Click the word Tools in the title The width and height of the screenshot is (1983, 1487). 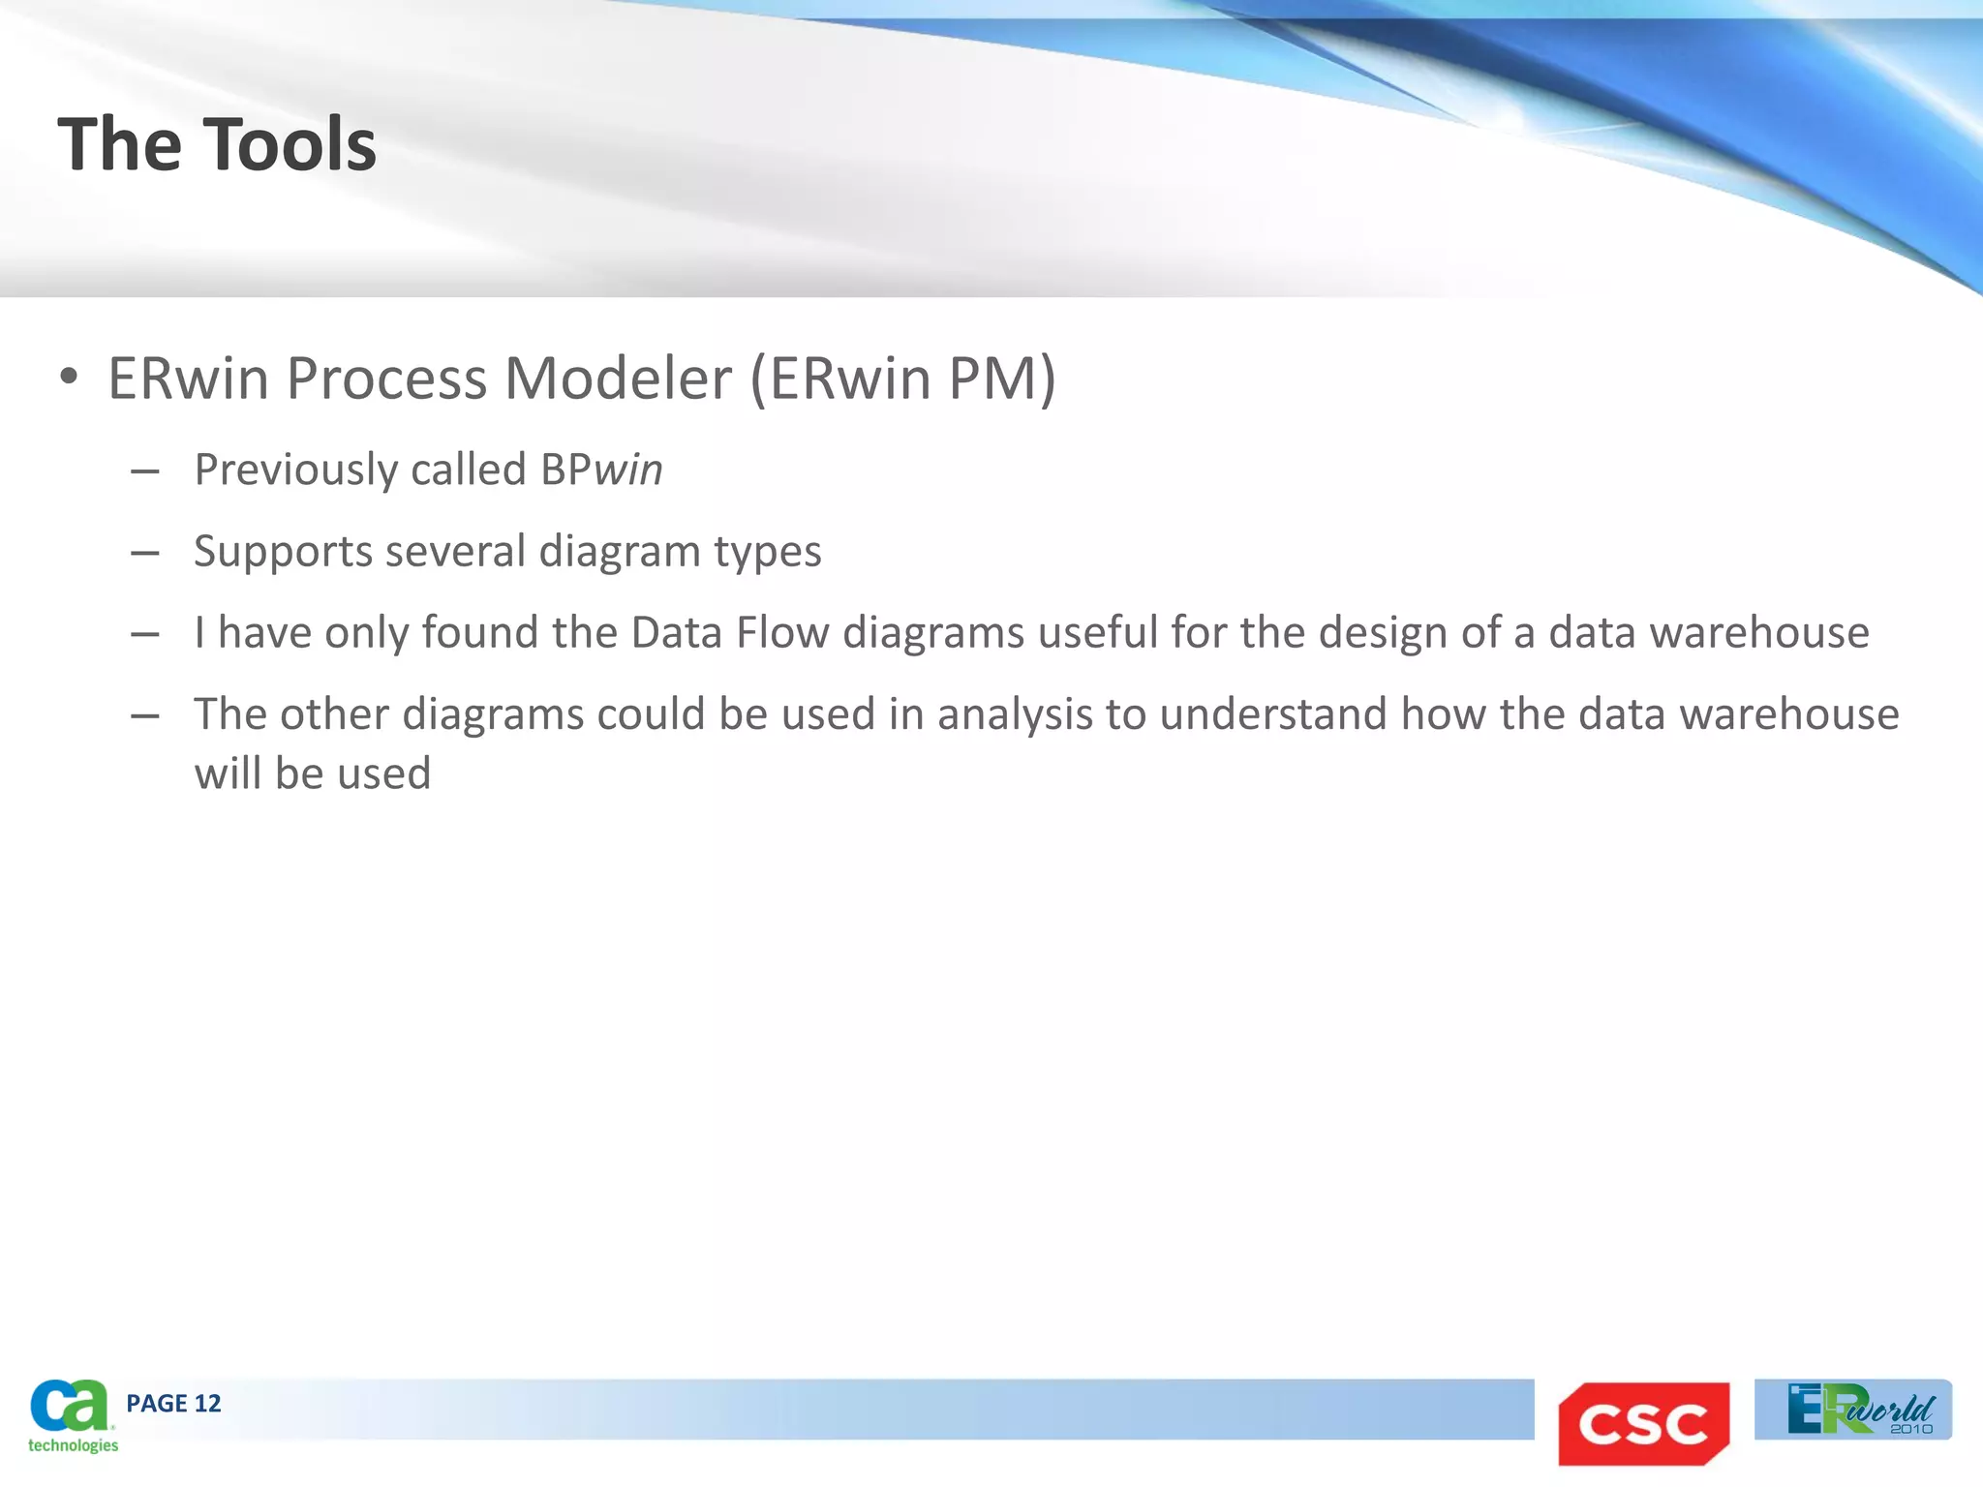pyautogui.click(x=290, y=145)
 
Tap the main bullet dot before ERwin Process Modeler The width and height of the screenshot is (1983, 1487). pyautogui.click(x=68, y=378)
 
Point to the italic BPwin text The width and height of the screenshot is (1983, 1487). pyautogui.click(x=601, y=470)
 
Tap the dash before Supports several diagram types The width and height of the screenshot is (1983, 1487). pyautogui.click(x=144, y=553)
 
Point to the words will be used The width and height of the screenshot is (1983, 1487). pyautogui.click(x=312, y=774)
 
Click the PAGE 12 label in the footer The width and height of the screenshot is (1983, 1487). pyautogui.click(x=173, y=1404)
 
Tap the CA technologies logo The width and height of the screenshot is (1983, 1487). pyautogui.click(x=72, y=1415)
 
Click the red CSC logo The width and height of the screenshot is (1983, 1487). pyautogui.click(x=1643, y=1423)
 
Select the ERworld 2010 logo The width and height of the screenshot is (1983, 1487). pyautogui.click(x=1853, y=1410)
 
